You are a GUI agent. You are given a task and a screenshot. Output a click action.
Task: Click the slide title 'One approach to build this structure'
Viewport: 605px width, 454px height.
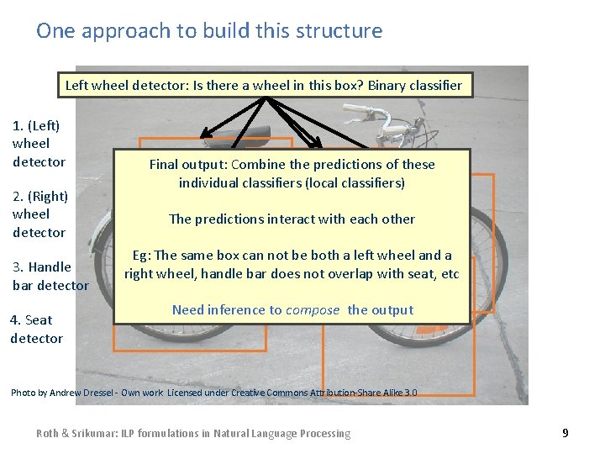[209, 31]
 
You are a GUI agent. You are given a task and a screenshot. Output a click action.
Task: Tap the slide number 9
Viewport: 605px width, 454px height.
[565, 433]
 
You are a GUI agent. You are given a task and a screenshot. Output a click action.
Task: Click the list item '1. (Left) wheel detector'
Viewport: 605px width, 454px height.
[39, 144]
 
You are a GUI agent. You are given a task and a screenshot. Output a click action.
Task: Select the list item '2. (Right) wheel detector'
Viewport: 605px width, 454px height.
[39, 214]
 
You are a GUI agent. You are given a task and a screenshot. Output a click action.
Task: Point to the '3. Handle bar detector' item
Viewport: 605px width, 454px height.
[50, 276]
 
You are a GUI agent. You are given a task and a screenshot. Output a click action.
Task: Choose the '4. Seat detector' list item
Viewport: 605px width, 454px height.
[36, 329]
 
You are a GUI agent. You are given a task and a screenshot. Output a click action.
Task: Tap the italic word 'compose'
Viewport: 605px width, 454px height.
[313, 309]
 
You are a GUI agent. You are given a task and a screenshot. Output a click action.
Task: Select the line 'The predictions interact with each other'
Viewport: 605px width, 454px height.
[292, 219]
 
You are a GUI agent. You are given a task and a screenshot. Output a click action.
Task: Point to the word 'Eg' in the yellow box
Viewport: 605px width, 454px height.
[141, 255]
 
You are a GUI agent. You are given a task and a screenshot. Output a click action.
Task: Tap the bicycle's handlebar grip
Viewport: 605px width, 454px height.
[356, 109]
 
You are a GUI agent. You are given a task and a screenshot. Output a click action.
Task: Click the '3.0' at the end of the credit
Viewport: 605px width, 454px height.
[409, 393]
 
